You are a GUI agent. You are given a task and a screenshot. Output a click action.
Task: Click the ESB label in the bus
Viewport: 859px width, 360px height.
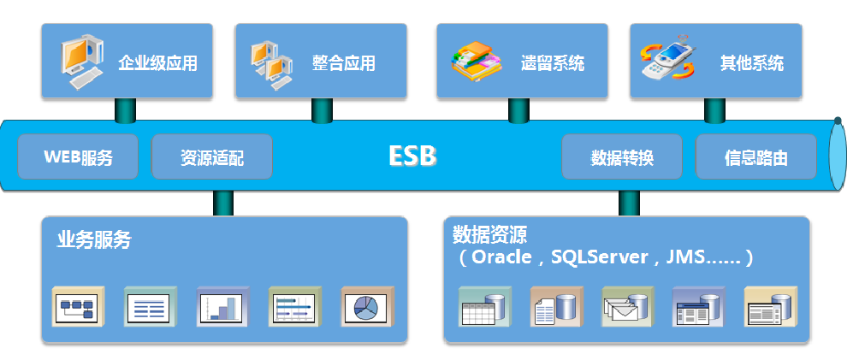click(x=412, y=156)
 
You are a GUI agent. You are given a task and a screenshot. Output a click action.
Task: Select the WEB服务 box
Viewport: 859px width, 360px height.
click(x=78, y=156)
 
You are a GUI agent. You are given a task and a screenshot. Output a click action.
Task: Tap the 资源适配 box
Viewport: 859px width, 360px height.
click(x=212, y=156)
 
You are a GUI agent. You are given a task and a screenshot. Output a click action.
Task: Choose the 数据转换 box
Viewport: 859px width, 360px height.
click(x=622, y=156)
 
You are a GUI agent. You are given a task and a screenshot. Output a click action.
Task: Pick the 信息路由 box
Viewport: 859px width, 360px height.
click(x=756, y=156)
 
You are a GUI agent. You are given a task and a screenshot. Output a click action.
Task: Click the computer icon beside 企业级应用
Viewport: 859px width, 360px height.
click(x=81, y=62)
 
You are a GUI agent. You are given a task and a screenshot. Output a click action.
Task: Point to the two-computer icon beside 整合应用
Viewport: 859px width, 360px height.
click(x=272, y=66)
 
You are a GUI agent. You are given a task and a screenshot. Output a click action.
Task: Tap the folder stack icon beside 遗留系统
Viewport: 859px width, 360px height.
click(x=477, y=62)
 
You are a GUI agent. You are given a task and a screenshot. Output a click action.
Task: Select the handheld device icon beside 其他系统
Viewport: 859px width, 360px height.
click(x=667, y=58)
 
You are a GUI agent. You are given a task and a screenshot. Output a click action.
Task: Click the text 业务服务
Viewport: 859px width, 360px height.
click(x=93, y=240)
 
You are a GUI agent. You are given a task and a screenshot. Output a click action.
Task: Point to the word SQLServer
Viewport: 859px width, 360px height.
click(x=600, y=257)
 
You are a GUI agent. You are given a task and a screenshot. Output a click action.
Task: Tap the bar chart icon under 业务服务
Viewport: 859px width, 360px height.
click(x=223, y=307)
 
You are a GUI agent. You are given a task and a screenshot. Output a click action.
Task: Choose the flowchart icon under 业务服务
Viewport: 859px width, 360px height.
click(x=79, y=307)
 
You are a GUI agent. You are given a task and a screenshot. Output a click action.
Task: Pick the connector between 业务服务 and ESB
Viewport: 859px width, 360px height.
click(x=223, y=204)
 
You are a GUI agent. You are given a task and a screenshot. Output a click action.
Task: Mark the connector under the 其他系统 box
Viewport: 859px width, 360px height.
click(x=714, y=110)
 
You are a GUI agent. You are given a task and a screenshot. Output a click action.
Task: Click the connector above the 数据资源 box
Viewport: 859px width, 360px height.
click(x=629, y=204)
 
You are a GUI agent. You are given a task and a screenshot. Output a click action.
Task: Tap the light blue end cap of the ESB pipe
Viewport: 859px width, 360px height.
click(x=838, y=156)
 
